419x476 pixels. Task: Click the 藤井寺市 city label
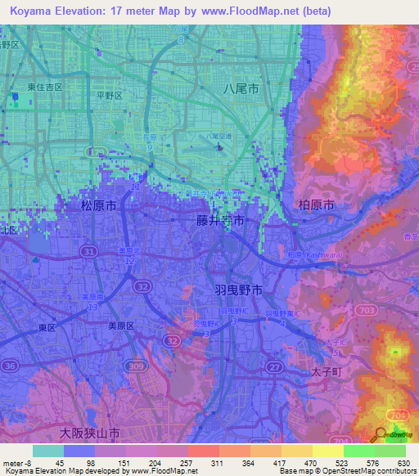pyautogui.click(x=220, y=221)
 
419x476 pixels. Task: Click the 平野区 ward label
pyautogui.click(x=109, y=96)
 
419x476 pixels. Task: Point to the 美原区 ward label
pyautogui.click(x=126, y=325)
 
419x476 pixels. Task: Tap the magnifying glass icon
pyautogui.click(x=381, y=436)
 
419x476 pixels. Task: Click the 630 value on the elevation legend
pyautogui.click(x=402, y=462)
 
